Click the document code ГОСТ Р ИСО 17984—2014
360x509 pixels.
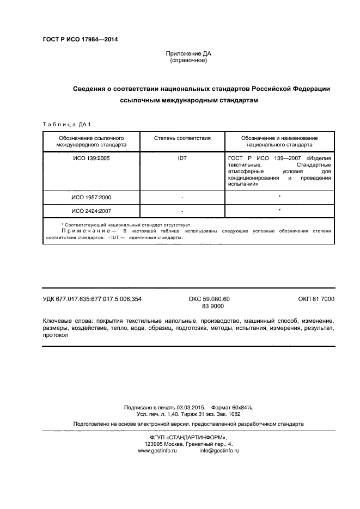tap(80, 39)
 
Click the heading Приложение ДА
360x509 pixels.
tap(188, 54)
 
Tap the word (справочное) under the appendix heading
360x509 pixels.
tap(188, 60)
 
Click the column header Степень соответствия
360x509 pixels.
tap(182, 138)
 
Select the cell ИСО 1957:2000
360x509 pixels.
tap(91, 197)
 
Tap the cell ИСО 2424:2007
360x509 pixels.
tap(91, 210)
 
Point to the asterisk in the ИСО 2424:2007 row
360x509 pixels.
tap(279, 210)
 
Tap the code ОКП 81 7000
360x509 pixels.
tap(316, 299)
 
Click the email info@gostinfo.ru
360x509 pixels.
tap(219, 451)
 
